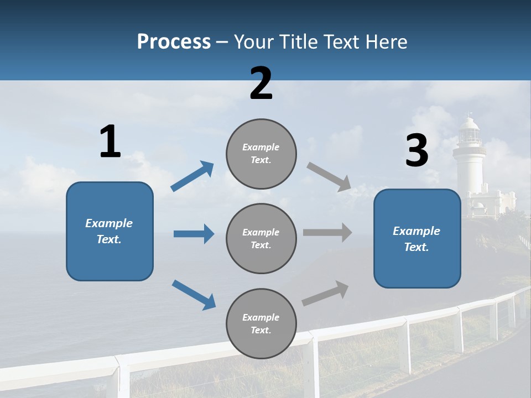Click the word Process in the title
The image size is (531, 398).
[x=174, y=42]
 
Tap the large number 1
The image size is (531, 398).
[x=110, y=142]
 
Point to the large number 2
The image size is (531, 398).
[x=261, y=83]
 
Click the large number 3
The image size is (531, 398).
[x=417, y=151]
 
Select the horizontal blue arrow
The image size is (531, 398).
[x=194, y=234]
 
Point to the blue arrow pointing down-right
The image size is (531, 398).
[x=194, y=295]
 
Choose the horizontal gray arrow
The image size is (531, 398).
[x=327, y=233]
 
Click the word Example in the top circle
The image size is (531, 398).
[x=261, y=148]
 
